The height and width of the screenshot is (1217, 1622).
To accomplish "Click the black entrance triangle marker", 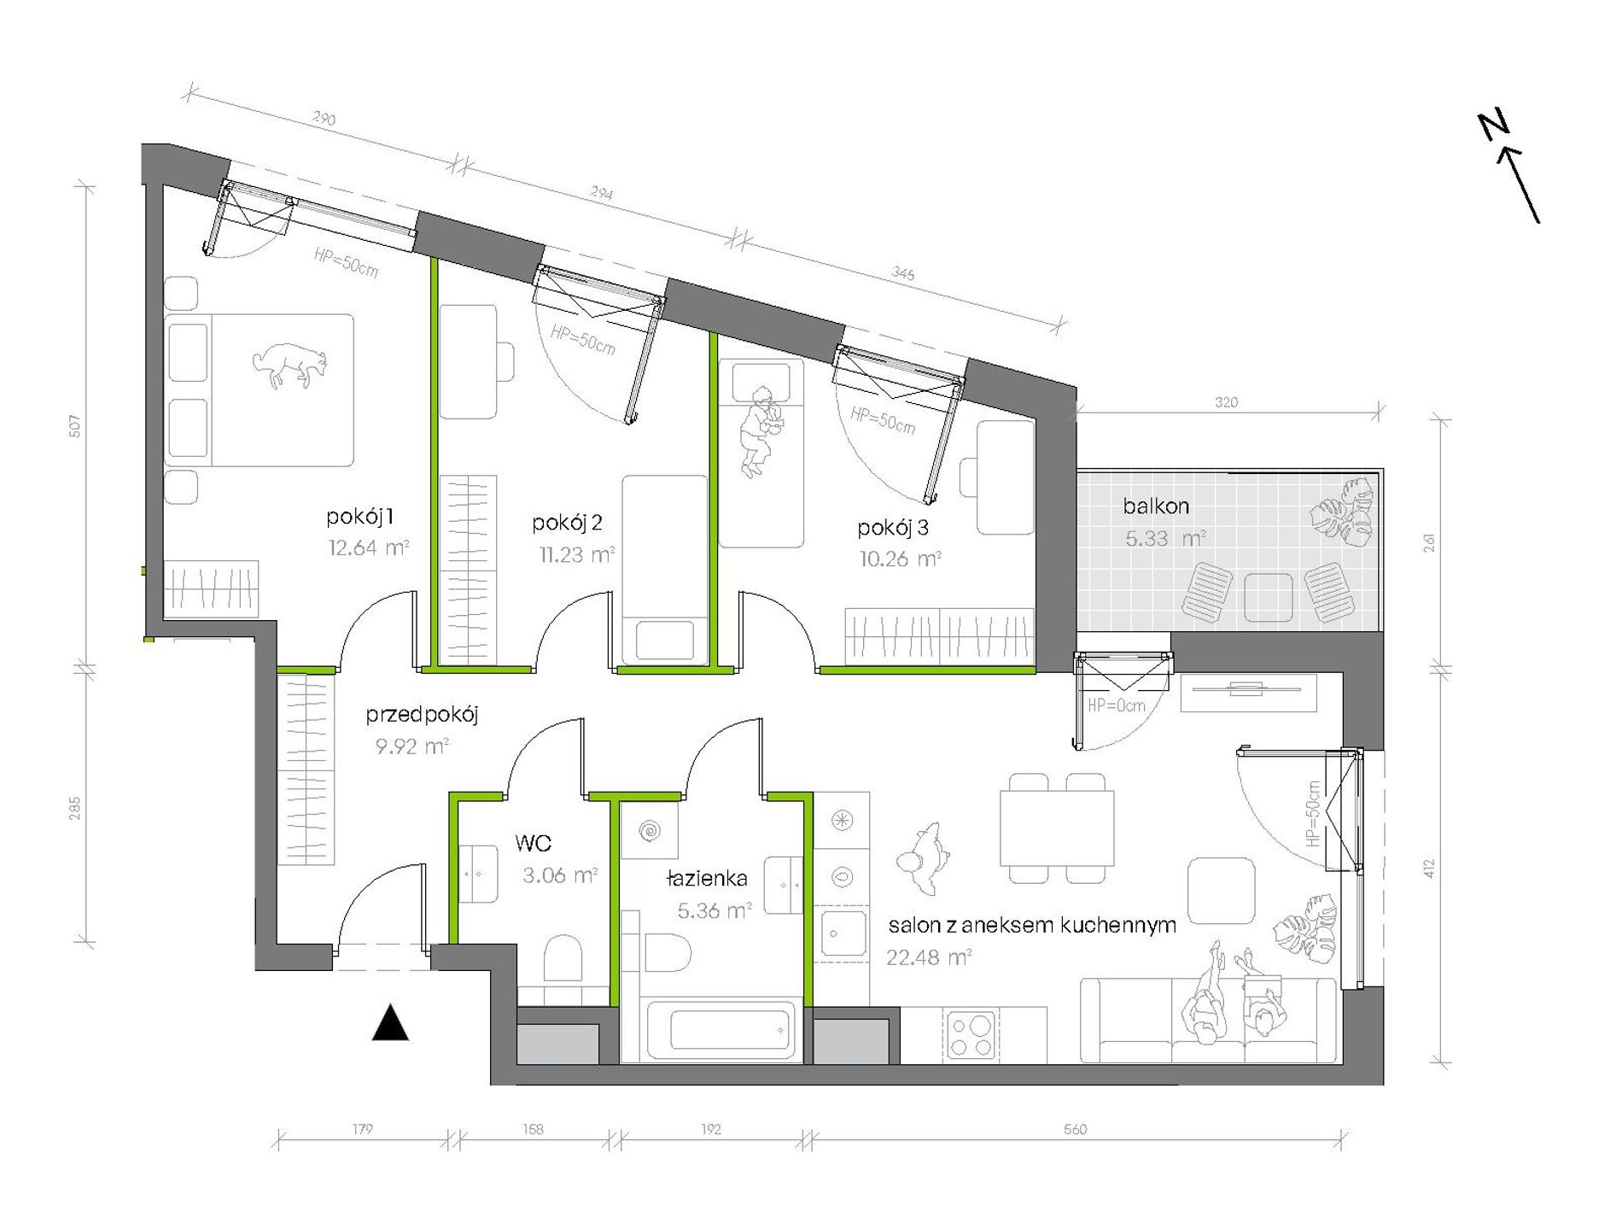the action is click(x=390, y=1022).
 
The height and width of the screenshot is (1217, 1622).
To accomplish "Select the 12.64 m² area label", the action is click(x=368, y=547).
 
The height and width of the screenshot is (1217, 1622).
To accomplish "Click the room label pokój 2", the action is click(x=567, y=523).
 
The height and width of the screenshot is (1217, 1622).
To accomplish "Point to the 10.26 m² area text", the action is click(x=900, y=559).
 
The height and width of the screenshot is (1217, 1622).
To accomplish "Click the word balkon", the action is click(x=1156, y=506).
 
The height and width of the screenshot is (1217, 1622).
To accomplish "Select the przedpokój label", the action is click(x=422, y=715).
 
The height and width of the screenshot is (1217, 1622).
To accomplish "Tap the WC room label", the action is click(x=533, y=844).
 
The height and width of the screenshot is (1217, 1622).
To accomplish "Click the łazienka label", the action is click(x=707, y=878).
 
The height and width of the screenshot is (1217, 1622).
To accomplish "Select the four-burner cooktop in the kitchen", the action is click(x=971, y=1036).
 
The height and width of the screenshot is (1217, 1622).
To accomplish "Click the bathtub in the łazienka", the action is click(x=721, y=1031).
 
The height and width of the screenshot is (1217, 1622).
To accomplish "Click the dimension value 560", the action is click(x=1075, y=1130).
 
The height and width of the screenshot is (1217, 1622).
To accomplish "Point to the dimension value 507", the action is click(x=75, y=426).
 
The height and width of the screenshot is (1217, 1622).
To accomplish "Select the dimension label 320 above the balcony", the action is click(x=1226, y=402).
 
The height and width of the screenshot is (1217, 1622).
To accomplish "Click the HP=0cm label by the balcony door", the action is click(x=1116, y=706).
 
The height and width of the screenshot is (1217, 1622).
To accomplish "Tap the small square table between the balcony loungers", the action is click(x=1268, y=597).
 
